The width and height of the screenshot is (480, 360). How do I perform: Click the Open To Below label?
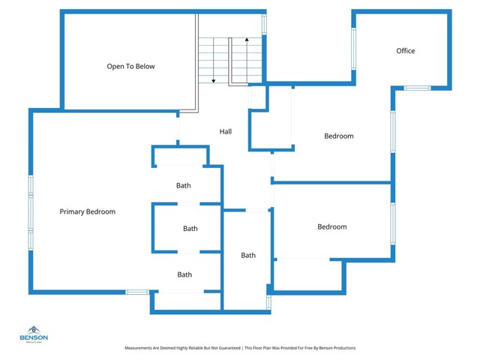[x=130, y=67]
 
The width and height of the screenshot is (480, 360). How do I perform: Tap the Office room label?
[x=405, y=51]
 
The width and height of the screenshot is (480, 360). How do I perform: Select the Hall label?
[x=225, y=132]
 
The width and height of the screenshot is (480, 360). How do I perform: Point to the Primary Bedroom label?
[x=88, y=212]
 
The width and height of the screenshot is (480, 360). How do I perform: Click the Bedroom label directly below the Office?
[x=338, y=136]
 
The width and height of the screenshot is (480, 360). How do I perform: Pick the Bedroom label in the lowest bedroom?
[x=331, y=227]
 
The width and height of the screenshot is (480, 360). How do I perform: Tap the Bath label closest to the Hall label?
[x=184, y=186]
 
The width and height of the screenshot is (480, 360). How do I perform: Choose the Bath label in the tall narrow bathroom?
[x=248, y=256]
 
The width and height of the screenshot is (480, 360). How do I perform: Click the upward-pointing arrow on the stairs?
[x=247, y=38]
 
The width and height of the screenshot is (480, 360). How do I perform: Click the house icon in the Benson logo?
[x=34, y=329]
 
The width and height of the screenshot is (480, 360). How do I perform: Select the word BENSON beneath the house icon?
[x=34, y=337]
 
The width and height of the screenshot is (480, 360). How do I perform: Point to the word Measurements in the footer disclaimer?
[x=142, y=348]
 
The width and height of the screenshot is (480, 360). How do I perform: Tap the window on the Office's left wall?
[x=353, y=48]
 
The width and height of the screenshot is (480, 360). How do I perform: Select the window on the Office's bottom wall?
[x=417, y=88]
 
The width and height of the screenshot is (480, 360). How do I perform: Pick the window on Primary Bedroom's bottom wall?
[x=136, y=292]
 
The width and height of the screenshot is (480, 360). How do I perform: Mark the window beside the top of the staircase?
[x=264, y=24]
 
